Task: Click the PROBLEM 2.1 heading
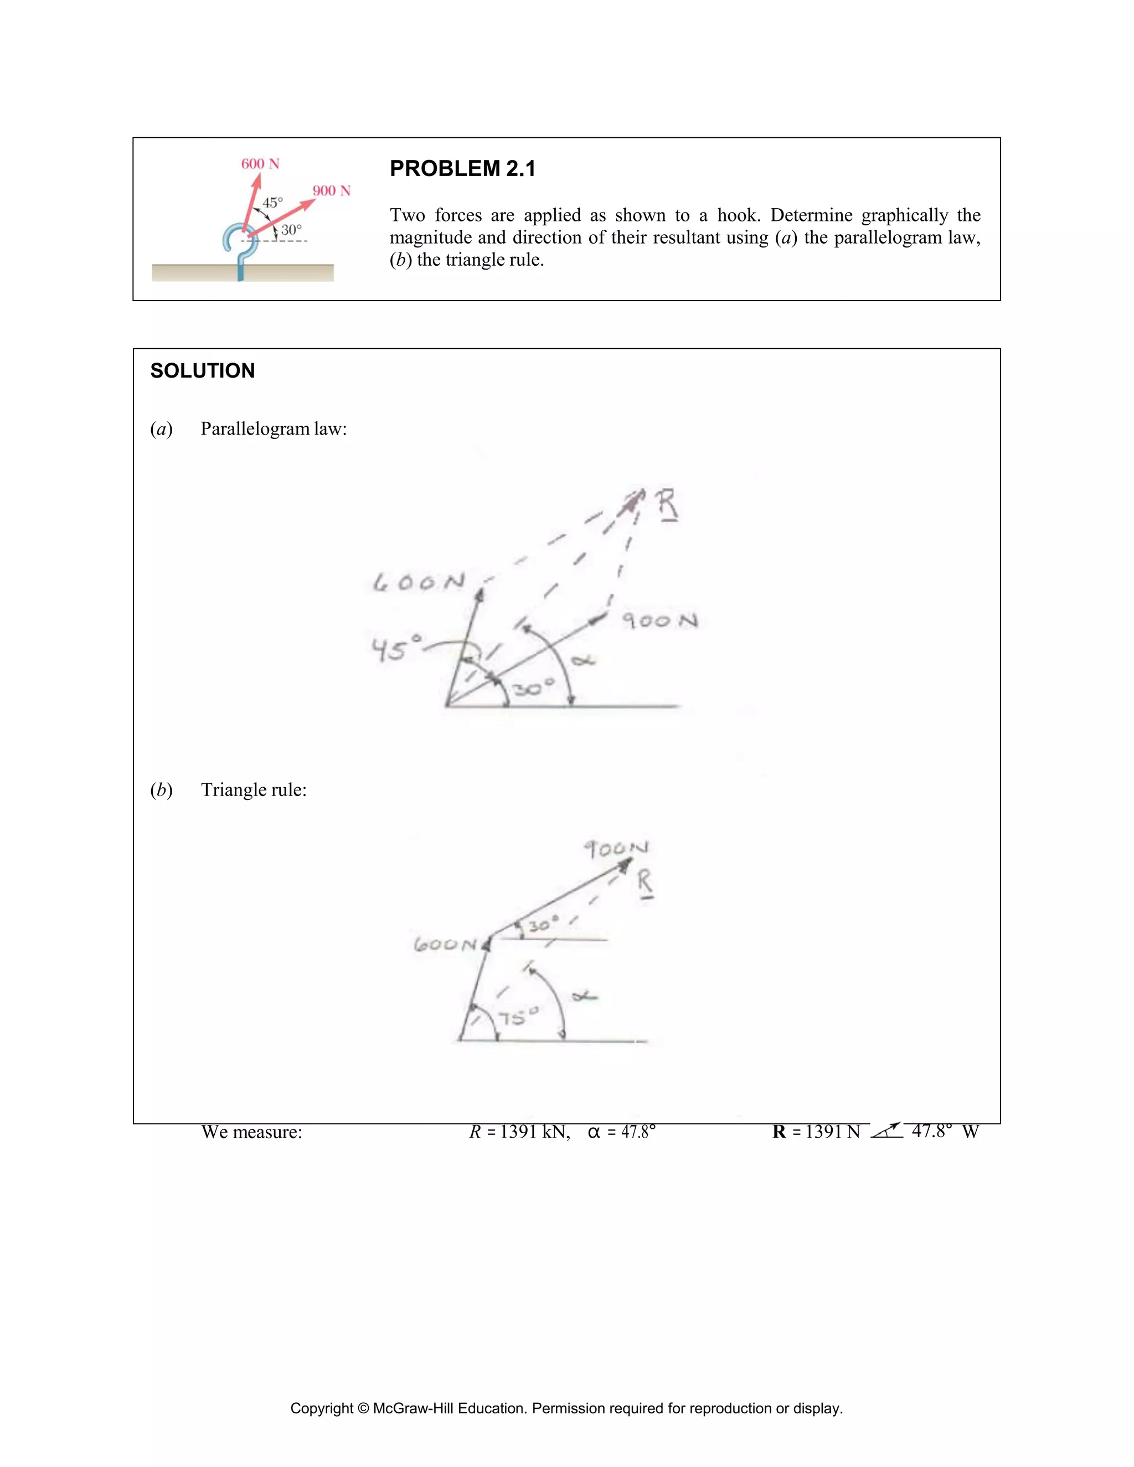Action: coord(462,169)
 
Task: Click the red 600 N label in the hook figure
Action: coord(260,164)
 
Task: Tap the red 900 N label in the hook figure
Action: coord(331,191)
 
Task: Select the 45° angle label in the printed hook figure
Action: coord(273,202)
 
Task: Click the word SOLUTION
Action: coord(202,371)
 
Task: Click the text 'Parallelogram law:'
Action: coord(274,428)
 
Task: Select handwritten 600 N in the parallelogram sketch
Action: coord(419,582)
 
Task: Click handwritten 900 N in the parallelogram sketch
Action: coord(659,620)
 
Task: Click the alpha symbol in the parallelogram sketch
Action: coord(583,661)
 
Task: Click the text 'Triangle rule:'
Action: coord(253,789)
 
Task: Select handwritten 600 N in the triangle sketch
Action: coord(445,944)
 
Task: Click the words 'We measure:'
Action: coord(251,1132)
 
